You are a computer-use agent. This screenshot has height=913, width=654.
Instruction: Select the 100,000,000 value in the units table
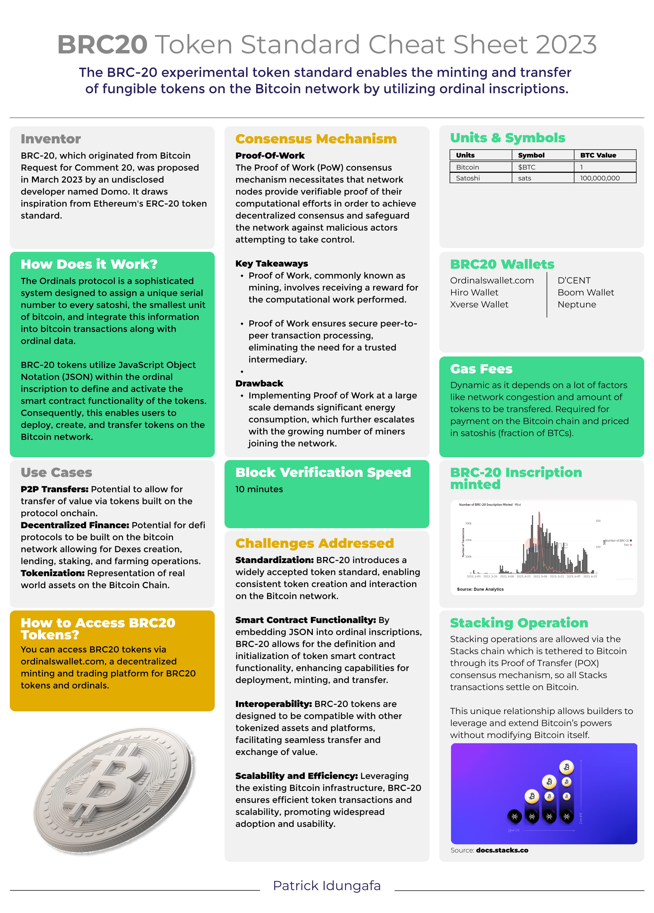pyautogui.click(x=600, y=178)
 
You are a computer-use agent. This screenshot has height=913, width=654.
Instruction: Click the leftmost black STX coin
pyautogui.click(x=514, y=816)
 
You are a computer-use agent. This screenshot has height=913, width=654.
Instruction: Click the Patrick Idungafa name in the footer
pyautogui.click(x=326, y=886)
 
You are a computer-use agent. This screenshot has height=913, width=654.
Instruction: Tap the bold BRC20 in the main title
pyautogui.click(x=102, y=44)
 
